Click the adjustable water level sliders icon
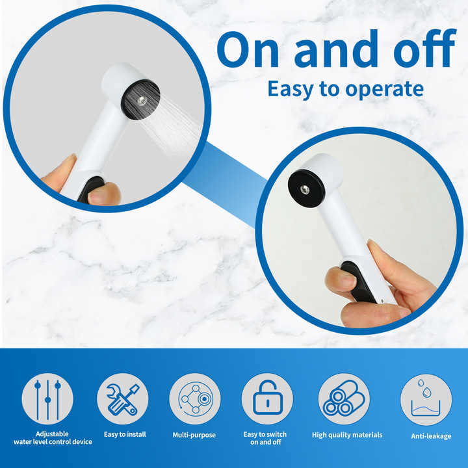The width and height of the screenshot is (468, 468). pyautogui.click(x=47, y=398)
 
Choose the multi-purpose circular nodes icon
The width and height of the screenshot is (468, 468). pyautogui.click(x=195, y=398)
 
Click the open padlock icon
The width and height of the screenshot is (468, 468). pyautogui.click(x=267, y=398)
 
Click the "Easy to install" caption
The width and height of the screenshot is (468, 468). pyautogui.click(x=125, y=434)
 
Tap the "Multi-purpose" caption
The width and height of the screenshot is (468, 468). pyautogui.click(x=194, y=435)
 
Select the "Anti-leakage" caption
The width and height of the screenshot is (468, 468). pyautogui.click(x=430, y=436)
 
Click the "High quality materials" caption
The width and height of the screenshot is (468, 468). pyautogui.click(x=347, y=435)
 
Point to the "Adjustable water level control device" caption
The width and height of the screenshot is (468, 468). pyautogui.click(x=53, y=438)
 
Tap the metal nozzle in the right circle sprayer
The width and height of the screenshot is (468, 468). pyautogui.click(x=304, y=189)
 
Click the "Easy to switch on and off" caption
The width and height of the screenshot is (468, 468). pyautogui.click(x=265, y=438)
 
